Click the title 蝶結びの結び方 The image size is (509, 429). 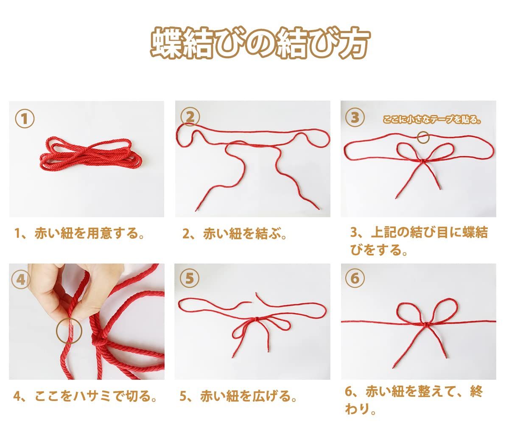click(x=260, y=43)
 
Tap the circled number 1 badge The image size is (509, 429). click(x=25, y=119)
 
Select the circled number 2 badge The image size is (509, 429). click(x=190, y=117)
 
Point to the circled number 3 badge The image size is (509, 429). click(x=355, y=117)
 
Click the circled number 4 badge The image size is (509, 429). click(x=21, y=280)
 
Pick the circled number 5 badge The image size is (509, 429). click(x=190, y=278)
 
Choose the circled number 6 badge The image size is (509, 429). click(x=355, y=278)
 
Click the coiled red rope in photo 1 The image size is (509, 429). click(x=91, y=154)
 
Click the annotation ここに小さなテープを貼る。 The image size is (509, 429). click(x=432, y=120)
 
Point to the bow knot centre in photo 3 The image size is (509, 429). click(x=422, y=161)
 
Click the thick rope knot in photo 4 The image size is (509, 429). click(x=99, y=339)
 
